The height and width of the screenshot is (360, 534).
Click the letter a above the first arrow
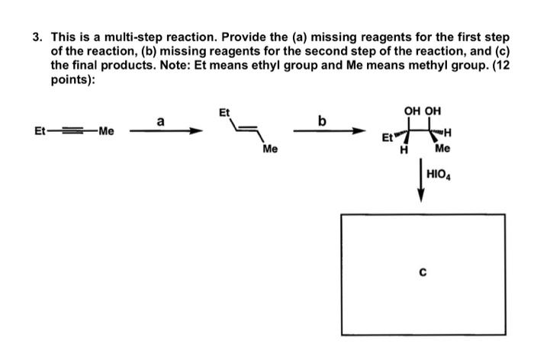point(159,120)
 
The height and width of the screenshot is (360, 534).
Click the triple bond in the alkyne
point(72,131)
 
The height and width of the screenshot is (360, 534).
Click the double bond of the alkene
point(243,130)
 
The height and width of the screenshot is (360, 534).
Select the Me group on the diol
point(442,149)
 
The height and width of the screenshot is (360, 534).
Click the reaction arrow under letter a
point(165,131)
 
